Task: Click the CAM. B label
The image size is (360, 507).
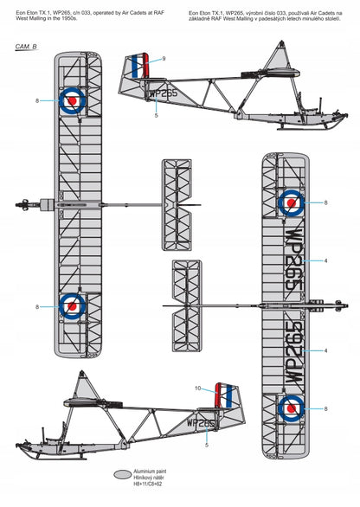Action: pyautogui.click(x=26, y=47)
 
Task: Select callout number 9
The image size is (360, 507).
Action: pyautogui.click(x=164, y=59)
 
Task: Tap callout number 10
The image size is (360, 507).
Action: pyautogui.click(x=198, y=388)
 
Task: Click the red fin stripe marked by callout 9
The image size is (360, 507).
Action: pyautogui.click(x=146, y=65)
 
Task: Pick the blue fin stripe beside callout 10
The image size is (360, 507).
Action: pyautogui.click(x=229, y=395)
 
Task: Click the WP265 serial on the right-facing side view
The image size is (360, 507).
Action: pyautogui.click(x=164, y=93)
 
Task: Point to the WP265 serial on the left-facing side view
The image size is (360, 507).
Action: pyautogui.click(x=201, y=423)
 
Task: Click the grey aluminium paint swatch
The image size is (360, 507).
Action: pyautogui.click(x=123, y=474)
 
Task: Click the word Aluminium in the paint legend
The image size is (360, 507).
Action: pyautogui.click(x=142, y=472)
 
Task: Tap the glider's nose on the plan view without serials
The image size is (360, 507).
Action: pyautogui.click(x=19, y=205)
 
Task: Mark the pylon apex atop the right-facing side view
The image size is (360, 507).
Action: pyautogui.click(x=282, y=42)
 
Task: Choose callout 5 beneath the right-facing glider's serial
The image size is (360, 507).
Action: pyautogui.click(x=157, y=115)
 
